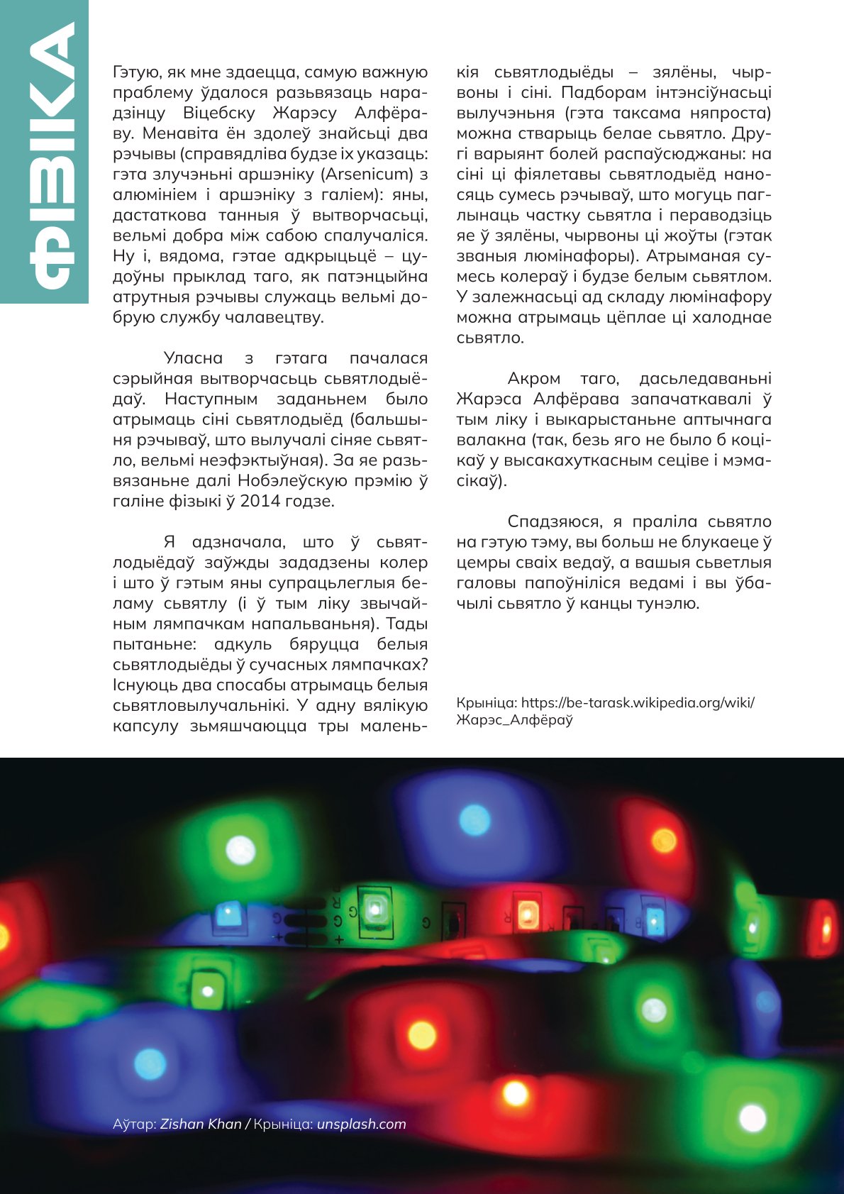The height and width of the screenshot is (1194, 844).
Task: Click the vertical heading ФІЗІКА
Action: pos(52,156)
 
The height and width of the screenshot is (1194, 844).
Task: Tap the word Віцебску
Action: pos(213,113)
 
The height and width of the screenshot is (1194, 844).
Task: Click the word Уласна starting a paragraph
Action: pos(193,358)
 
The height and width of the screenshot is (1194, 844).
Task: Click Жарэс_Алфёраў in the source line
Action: pos(514,720)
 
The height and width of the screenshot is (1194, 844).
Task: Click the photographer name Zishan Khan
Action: pos(201,1124)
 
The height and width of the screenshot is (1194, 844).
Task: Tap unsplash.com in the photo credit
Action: pos(361,1124)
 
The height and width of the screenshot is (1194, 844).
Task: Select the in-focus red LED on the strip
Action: pos(526,913)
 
